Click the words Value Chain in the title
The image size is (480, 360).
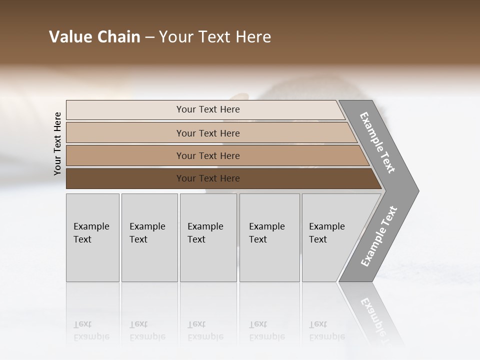94,37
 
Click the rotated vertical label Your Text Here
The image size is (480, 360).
57,143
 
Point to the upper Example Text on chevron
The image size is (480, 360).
377,142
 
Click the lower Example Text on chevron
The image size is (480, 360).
379,236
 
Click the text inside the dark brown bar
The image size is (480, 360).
208,178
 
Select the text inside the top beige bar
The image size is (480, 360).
208,109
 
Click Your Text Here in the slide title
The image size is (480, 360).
215,37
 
